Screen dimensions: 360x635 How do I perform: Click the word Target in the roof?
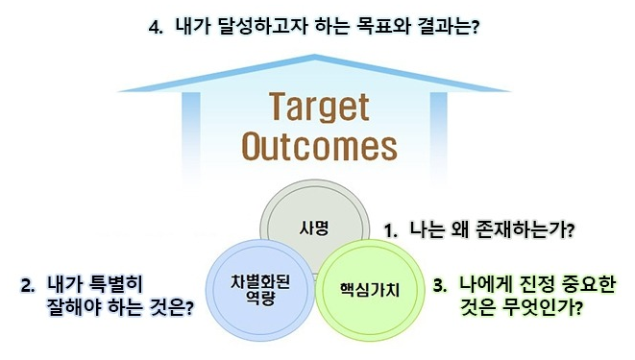click(x=318, y=106)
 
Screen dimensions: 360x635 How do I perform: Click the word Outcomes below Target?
click(x=318, y=146)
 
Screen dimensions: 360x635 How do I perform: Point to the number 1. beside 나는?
click(x=391, y=230)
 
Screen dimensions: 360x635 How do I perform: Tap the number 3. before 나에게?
click(x=441, y=285)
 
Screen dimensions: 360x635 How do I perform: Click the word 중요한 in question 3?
click(x=589, y=285)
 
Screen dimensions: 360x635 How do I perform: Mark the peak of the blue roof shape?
click(x=318, y=48)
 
